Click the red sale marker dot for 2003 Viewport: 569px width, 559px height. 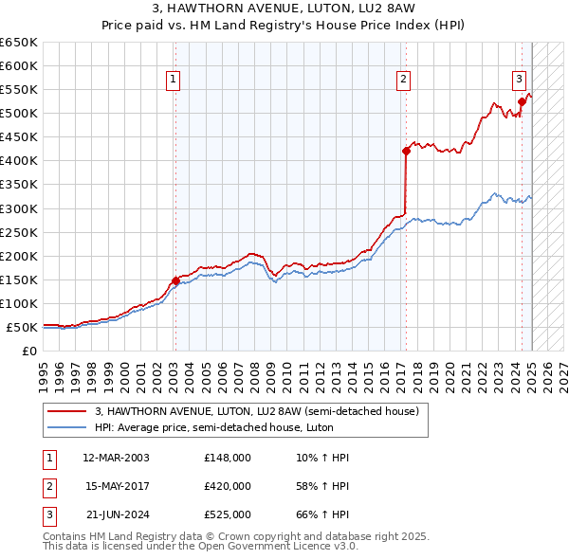[175, 280]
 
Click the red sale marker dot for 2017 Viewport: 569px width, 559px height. [406, 151]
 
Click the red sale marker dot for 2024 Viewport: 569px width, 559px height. [522, 101]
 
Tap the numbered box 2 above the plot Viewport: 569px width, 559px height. [404, 80]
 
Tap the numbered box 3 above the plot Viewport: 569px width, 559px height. [520, 80]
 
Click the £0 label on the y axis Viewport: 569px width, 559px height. [28, 352]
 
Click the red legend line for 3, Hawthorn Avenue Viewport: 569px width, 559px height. [68, 412]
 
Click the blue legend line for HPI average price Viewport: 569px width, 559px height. [68, 427]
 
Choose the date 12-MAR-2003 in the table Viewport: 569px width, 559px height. [116, 458]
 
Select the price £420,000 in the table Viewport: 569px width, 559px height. [228, 486]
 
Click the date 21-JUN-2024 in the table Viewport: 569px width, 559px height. [116, 514]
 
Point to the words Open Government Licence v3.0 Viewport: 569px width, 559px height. [284, 546]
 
